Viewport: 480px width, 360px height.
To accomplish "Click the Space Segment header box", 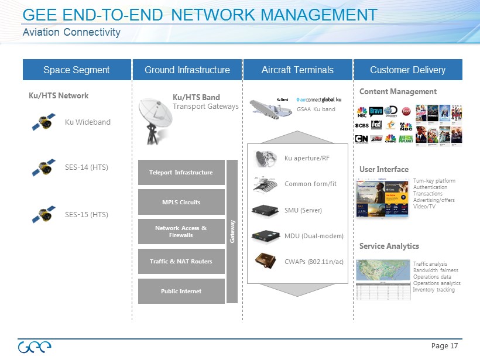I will click(x=76, y=70).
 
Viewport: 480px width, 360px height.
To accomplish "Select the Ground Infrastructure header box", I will click(x=187, y=70).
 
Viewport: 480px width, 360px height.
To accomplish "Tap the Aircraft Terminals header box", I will click(x=297, y=70).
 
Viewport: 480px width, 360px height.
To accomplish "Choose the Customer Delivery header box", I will click(x=408, y=70).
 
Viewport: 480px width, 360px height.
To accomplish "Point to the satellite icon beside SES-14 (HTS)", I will click(x=44, y=167).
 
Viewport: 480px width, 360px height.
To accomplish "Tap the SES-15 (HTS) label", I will click(x=87, y=214).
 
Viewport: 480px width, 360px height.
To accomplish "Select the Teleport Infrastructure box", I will click(x=181, y=173).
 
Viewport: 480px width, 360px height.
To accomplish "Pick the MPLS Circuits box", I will click(x=181, y=202).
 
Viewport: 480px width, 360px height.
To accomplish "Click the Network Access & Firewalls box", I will click(x=181, y=232).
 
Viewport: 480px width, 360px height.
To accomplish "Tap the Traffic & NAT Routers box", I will click(x=181, y=261).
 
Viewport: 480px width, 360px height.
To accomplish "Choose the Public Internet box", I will click(x=181, y=291).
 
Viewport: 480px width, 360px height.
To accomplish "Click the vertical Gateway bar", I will click(x=232, y=231).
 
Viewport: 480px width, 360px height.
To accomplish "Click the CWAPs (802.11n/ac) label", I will click(x=314, y=261).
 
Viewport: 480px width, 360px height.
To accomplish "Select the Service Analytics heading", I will click(x=389, y=246).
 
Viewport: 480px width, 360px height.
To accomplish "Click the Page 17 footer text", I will click(x=444, y=346).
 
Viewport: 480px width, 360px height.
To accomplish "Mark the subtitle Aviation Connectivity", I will click(x=71, y=32).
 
